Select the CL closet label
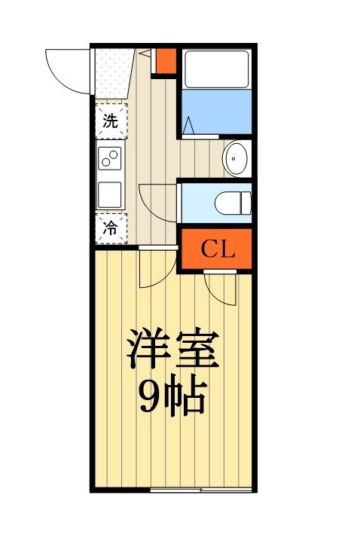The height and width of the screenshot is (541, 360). point(217,250)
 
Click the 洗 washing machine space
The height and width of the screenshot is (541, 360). point(111,121)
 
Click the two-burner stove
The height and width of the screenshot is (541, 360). point(111,160)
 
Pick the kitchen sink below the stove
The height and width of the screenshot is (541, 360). point(111,194)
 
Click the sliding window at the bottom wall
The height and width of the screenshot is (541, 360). point(200,490)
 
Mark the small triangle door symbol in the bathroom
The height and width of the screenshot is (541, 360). point(188,125)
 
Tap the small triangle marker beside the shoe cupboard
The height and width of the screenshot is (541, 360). point(148,53)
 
